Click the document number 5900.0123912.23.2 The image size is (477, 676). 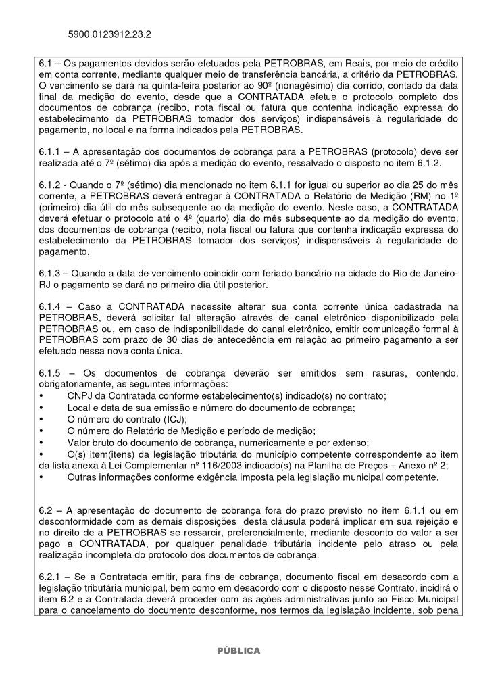[109, 33]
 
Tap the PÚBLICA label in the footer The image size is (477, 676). [238, 651]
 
